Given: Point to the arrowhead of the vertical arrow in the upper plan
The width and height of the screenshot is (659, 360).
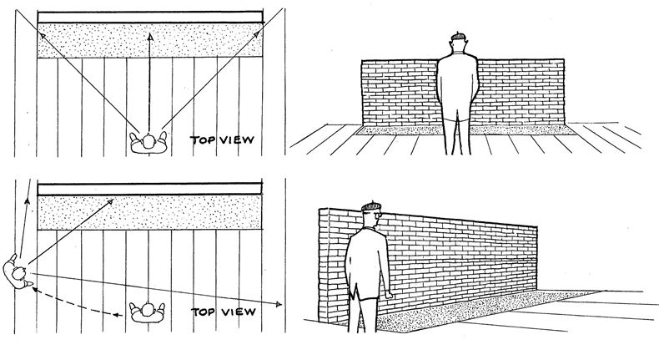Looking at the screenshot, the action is tap(148, 36).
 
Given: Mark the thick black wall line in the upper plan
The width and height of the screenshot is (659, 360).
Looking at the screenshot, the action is tap(150, 18).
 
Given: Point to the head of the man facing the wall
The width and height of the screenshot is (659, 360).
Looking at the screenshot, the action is tap(457, 43).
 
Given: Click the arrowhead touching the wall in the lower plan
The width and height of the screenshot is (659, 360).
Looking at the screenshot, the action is tap(113, 201).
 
